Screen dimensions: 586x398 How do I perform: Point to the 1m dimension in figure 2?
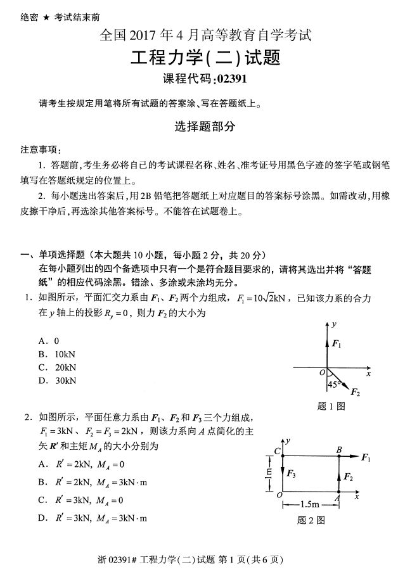tap(269, 472)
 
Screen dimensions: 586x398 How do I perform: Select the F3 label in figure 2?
tap(292, 473)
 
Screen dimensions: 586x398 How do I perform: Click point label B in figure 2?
tap(339, 449)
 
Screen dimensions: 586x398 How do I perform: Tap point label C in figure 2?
tap(277, 450)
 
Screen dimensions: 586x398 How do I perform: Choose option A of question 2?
tap(86, 464)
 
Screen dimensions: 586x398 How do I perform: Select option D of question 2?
tap(93, 518)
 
